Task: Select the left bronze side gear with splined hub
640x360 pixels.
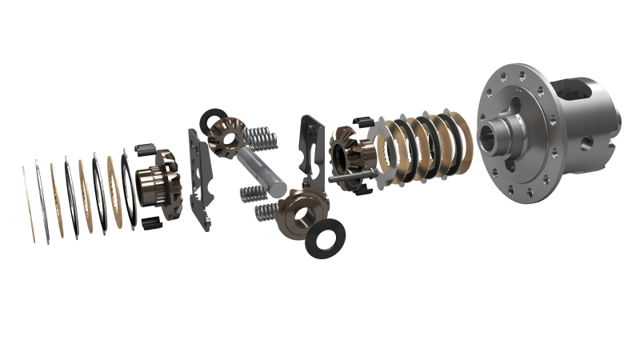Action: pyautogui.click(x=157, y=185)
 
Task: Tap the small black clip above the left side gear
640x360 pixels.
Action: pyautogui.click(x=146, y=150)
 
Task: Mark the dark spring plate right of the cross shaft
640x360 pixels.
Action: pyautogui.click(x=311, y=144)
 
